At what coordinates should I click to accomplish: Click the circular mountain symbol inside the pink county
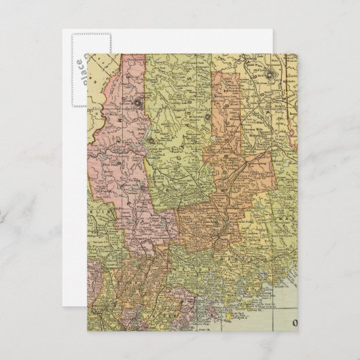tap(138, 103)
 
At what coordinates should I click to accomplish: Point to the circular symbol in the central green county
tap(150, 140)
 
